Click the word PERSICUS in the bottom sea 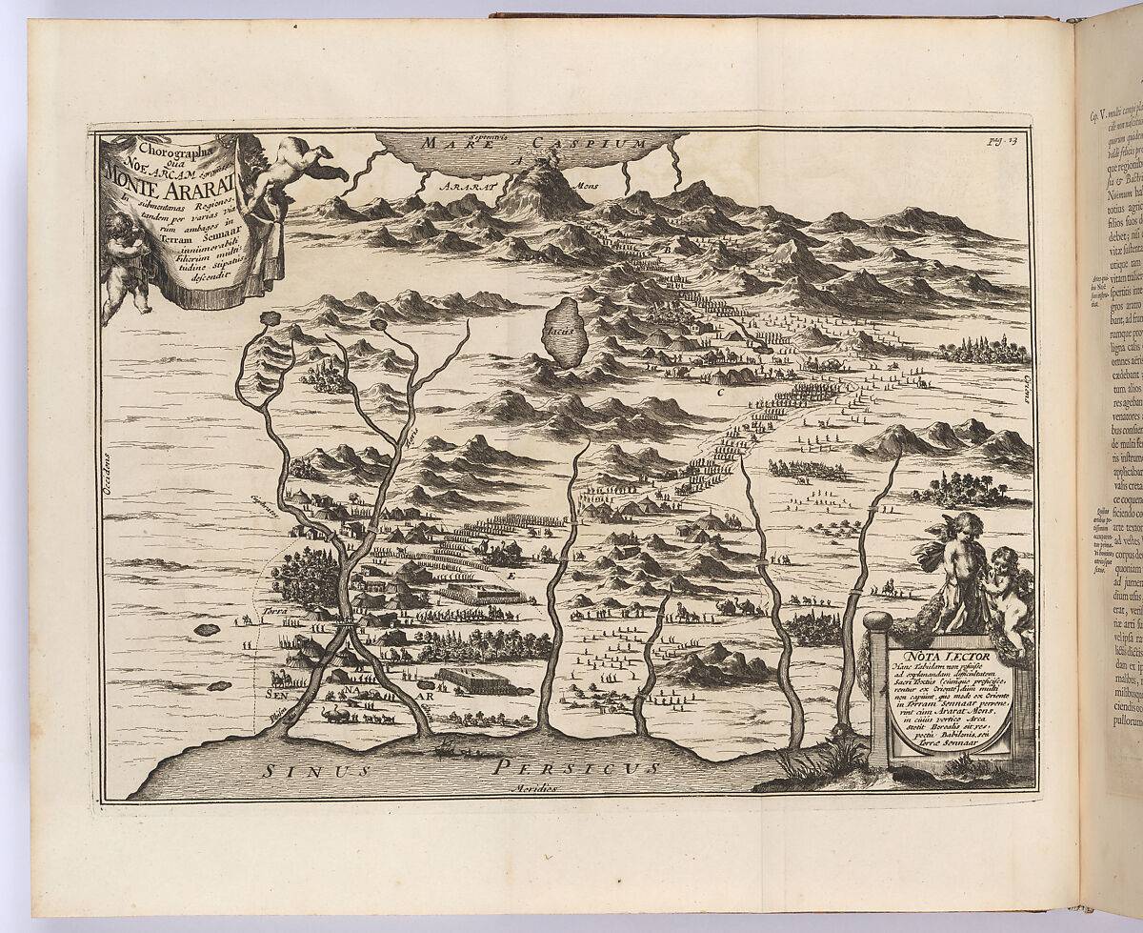click(x=581, y=767)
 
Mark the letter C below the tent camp click(x=748, y=392)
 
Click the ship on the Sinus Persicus click(x=448, y=748)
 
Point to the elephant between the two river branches click(x=336, y=713)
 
